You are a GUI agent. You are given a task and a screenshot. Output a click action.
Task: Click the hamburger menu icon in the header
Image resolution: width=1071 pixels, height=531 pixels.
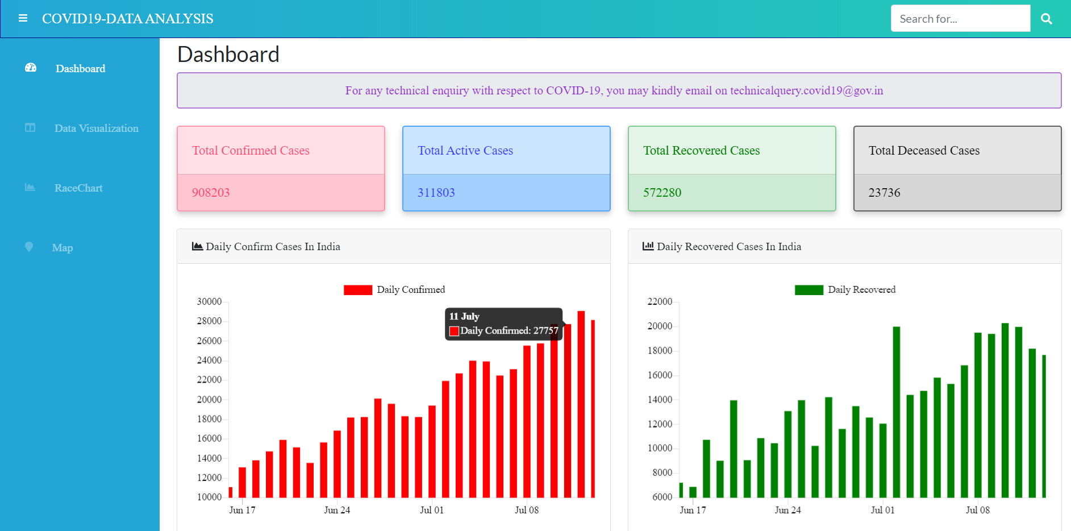point(23,19)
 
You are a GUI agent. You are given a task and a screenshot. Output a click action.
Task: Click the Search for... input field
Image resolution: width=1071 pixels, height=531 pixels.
point(960,19)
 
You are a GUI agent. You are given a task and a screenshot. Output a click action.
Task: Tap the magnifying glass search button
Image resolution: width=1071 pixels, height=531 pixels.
point(1046,19)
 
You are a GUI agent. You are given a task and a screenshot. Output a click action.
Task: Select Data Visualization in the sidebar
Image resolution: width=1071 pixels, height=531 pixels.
point(96,128)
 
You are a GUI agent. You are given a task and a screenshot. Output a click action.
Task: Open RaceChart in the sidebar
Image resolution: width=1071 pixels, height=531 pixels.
point(78,188)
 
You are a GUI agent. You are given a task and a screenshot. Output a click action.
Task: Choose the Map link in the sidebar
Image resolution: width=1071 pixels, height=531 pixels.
point(62,248)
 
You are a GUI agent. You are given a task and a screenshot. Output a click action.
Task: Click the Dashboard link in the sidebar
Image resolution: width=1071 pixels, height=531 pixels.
point(80,69)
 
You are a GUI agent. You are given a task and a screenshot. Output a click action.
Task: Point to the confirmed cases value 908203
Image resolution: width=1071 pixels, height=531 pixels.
point(211,193)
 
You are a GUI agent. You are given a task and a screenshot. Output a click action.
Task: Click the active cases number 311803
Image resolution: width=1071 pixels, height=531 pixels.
point(436,193)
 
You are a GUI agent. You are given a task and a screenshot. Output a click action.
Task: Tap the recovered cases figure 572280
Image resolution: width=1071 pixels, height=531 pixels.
point(662,193)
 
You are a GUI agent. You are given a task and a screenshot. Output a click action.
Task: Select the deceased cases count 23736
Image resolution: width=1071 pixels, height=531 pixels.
point(884,193)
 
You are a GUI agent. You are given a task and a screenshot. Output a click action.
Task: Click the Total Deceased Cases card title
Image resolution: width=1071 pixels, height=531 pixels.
point(924,151)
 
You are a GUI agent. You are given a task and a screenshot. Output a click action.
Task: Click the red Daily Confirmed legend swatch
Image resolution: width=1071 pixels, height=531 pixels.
point(358,290)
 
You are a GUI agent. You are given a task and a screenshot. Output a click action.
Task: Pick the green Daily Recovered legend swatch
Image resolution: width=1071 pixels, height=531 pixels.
point(809,290)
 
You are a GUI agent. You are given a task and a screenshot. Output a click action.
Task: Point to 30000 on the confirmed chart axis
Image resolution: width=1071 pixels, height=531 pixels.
point(209,302)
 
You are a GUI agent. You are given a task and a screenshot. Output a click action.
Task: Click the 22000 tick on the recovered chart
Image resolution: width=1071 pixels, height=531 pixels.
point(660,302)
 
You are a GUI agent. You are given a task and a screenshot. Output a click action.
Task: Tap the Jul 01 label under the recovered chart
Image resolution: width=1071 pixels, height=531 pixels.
point(882,511)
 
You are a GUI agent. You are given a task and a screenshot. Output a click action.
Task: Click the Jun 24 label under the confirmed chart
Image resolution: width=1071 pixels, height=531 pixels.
point(337,511)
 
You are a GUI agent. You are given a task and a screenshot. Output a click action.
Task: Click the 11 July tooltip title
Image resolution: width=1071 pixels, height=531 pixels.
point(464,317)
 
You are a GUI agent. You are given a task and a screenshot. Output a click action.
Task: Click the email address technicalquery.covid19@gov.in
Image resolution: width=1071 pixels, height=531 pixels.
point(806,91)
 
